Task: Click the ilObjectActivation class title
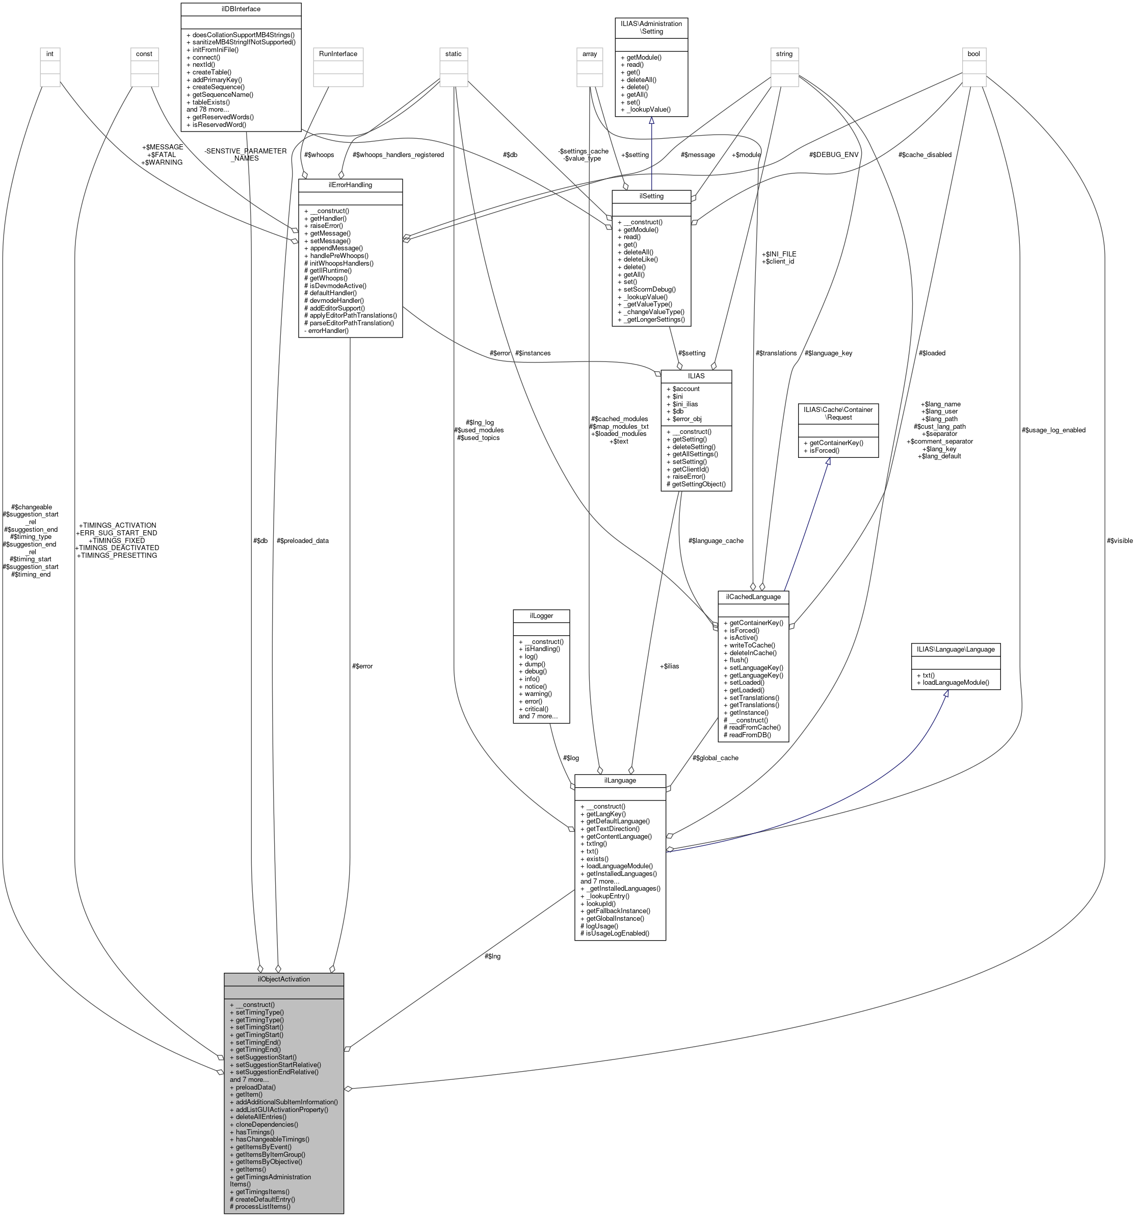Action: pyautogui.click(x=283, y=979)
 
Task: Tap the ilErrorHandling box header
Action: pyautogui.click(x=350, y=184)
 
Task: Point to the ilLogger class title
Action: pyautogui.click(x=541, y=615)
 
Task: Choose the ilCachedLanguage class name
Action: pyautogui.click(x=753, y=596)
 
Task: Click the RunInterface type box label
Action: pyautogui.click(x=338, y=54)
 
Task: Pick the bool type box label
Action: pyautogui.click(x=973, y=54)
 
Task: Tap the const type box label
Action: pyautogui.click(x=144, y=54)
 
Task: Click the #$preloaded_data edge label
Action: pyautogui.click(x=302, y=540)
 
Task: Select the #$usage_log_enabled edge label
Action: pyautogui.click(x=1053, y=430)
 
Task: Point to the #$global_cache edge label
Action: pyautogui.click(x=715, y=758)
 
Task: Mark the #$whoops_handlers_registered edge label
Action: pyautogui.click(x=398, y=155)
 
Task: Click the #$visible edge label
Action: pyautogui.click(x=1120, y=540)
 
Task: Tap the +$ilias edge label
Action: pyautogui.click(x=670, y=666)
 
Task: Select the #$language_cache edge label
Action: pyautogui.click(x=716, y=540)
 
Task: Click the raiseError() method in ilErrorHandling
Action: pyautogui.click(x=326, y=226)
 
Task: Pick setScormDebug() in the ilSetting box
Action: pyautogui.click(x=649, y=290)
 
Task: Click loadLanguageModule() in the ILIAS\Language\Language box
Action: pyautogui.click(x=955, y=682)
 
